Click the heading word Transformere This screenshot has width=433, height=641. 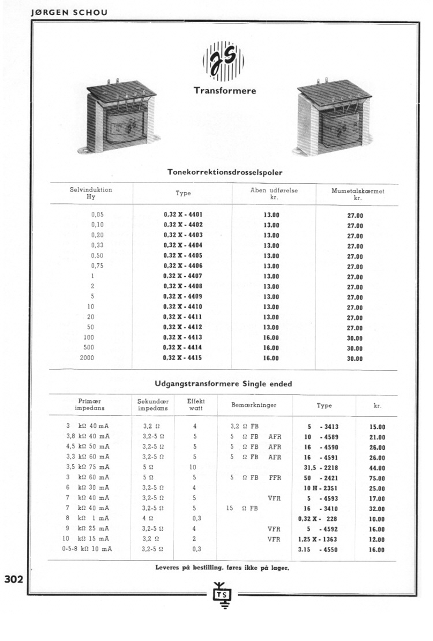[225, 91]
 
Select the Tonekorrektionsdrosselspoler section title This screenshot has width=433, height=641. [225, 172]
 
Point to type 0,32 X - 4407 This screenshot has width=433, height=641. [183, 276]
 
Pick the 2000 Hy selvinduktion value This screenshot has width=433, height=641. [87, 358]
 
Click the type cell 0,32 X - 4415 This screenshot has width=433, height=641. [182, 358]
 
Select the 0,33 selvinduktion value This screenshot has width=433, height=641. [97, 245]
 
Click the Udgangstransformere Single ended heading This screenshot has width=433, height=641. [223, 384]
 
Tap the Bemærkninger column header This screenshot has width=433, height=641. [254, 405]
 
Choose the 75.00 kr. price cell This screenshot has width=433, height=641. [377, 478]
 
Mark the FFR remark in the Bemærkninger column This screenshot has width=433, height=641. [275, 478]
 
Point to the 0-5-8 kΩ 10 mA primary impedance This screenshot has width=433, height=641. [87, 549]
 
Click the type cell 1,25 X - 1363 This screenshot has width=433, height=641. [318, 539]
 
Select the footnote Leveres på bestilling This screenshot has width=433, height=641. [222, 568]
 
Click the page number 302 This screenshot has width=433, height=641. [14, 579]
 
